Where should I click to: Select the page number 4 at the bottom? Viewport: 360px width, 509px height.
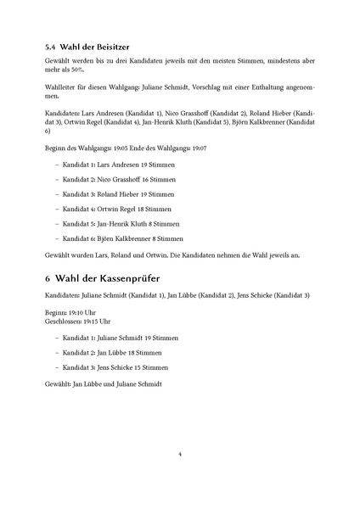180,454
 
